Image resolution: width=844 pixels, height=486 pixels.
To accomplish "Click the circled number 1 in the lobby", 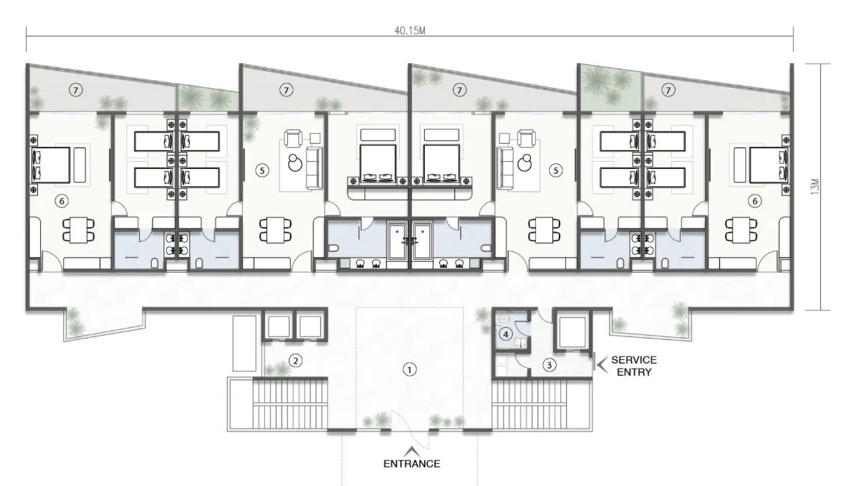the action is [x=410, y=370].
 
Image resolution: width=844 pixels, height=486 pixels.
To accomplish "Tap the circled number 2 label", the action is [x=295, y=361].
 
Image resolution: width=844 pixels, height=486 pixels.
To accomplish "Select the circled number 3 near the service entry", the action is [x=549, y=365].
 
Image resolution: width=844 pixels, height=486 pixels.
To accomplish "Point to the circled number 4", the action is [x=505, y=335].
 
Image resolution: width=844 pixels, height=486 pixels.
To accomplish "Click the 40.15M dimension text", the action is [x=410, y=31].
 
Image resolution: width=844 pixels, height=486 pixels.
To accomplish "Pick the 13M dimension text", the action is [x=815, y=187].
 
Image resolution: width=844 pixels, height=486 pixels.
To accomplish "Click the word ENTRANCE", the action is [x=412, y=463].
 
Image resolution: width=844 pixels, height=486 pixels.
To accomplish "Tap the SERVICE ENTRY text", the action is [x=634, y=366].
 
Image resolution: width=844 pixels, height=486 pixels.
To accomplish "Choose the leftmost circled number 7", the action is [x=76, y=90].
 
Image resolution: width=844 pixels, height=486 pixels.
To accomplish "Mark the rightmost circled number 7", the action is [x=668, y=90].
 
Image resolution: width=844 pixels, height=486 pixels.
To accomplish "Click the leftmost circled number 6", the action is [x=62, y=201].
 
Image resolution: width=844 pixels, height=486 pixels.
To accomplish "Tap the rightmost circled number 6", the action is [x=754, y=201].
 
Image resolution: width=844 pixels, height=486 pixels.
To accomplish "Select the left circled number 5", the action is [x=262, y=170].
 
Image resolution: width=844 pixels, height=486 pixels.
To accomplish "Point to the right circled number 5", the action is [x=555, y=170].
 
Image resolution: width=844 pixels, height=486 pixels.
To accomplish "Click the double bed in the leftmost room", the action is [x=52, y=165].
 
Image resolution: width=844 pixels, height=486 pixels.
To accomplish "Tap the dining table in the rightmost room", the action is [x=742, y=230].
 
